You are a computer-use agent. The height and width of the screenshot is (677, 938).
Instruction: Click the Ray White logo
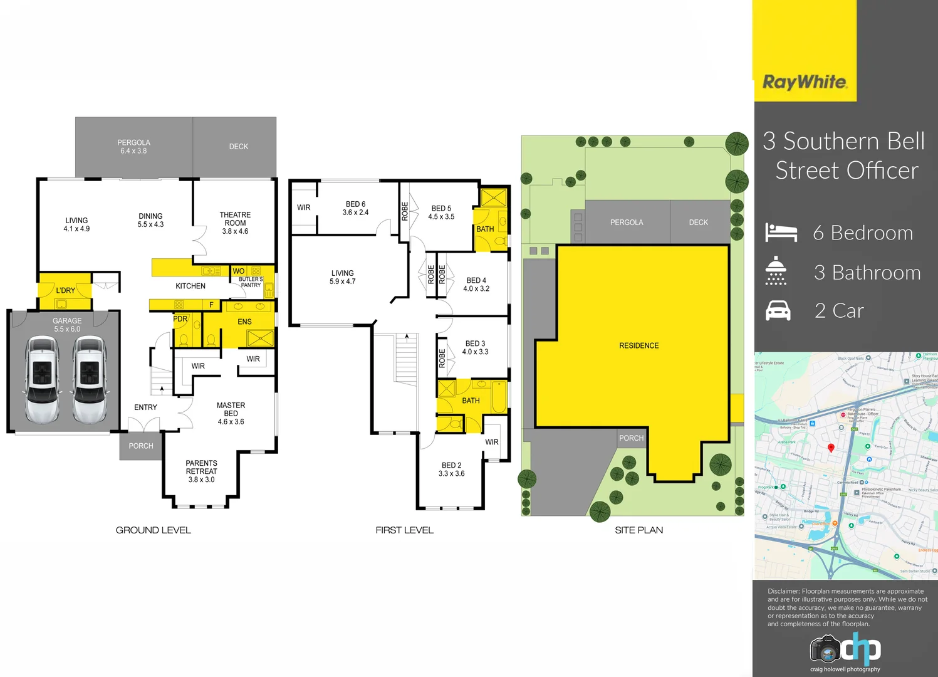tap(805, 82)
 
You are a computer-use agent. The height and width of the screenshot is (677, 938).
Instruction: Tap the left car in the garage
tap(42, 379)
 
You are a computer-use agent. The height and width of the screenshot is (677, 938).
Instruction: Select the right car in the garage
tap(90, 379)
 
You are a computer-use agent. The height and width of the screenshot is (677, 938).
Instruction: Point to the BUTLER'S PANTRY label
tap(251, 282)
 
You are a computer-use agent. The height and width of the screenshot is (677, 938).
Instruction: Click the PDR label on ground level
tap(180, 319)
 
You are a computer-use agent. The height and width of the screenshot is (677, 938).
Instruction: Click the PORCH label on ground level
tap(141, 446)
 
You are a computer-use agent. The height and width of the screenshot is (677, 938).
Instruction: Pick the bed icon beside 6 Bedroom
tap(781, 233)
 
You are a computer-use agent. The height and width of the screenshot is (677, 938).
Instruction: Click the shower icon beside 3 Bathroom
tap(776, 271)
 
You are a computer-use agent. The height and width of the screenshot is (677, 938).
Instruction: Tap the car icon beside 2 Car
tap(778, 310)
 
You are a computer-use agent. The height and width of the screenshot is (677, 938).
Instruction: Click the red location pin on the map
tap(831, 448)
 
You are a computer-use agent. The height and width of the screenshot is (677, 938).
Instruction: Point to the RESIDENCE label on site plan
tap(638, 345)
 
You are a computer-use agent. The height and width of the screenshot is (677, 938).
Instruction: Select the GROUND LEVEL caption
tap(154, 530)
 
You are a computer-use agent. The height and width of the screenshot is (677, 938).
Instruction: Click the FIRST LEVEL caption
tap(404, 530)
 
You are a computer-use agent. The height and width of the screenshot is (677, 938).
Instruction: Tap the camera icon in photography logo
tap(825, 649)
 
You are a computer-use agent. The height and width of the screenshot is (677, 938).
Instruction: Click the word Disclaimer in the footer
tap(783, 591)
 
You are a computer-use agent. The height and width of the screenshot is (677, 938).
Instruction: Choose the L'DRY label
tap(65, 291)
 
